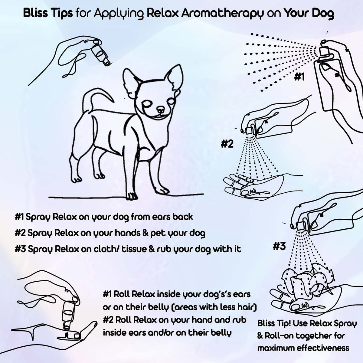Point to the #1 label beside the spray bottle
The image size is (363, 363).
[x=299, y=78]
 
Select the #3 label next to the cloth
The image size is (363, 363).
[x=279, y=247]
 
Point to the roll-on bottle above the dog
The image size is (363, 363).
[x=101, y=54]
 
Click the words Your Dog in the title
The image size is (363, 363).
[x=309, y=14]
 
